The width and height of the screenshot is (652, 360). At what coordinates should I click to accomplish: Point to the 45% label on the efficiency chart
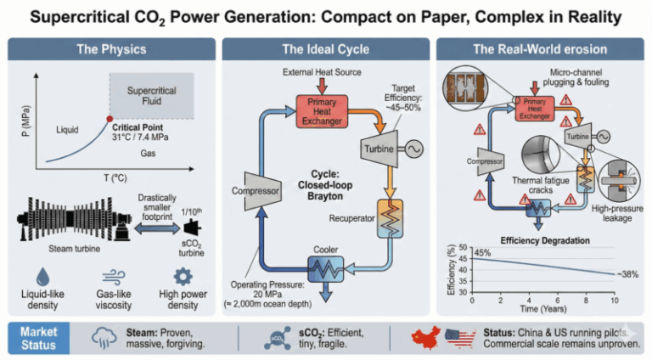click(482, 252)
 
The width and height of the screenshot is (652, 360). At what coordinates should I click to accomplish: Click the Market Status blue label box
click(40, 338)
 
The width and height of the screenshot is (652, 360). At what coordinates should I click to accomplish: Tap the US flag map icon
click(459, 337)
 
